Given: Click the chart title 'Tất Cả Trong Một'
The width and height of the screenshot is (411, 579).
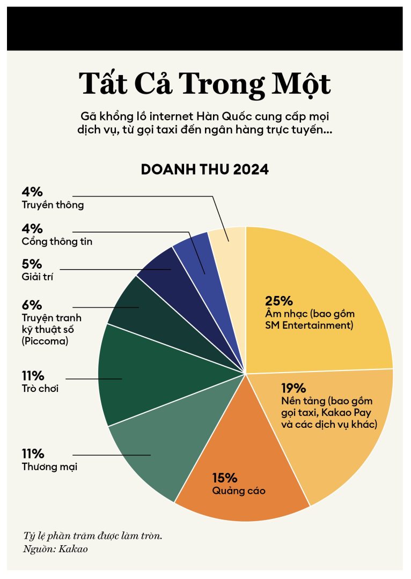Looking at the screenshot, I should [x=205, y=84].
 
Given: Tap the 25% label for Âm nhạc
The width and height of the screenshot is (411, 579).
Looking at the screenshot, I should [x=278, y=300].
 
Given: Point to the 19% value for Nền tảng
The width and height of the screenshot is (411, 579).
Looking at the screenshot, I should [x=293, y=388].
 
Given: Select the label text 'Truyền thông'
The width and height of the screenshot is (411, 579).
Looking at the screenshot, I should [x=53, y=205].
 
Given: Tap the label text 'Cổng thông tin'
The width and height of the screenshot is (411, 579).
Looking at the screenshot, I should [x=57, y=242].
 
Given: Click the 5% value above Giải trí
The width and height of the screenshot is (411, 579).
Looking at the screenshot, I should [x=32, y=264].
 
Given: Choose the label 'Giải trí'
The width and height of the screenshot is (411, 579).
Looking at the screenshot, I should [x=38, y=277].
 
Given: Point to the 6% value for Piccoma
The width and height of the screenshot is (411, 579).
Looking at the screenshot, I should [x=32, y=305].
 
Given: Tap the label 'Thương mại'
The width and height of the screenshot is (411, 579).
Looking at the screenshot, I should [x=49, y=467].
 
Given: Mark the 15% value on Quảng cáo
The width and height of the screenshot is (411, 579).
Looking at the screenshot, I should [x=224, y=478].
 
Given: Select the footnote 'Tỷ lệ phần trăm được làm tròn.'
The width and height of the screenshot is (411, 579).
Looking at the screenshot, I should [x=92, y=536].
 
